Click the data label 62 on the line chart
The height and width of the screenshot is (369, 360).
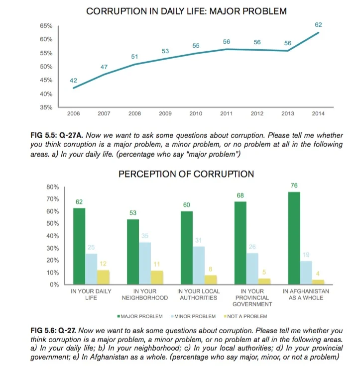[319, 24]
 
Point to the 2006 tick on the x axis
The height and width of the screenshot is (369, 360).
[73, 114]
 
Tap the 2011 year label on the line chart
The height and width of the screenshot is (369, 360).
[226, 114]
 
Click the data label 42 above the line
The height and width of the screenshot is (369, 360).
[74, 80]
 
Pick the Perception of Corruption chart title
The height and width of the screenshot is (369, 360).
[186, 174]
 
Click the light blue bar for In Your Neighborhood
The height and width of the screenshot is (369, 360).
[144, 263]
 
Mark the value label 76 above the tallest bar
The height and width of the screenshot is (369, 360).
[294, 185]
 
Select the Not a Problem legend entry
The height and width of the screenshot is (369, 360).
[246, 316]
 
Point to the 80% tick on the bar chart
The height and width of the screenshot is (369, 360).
[52, 187]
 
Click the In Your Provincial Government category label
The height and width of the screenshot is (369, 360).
[252, 297]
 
